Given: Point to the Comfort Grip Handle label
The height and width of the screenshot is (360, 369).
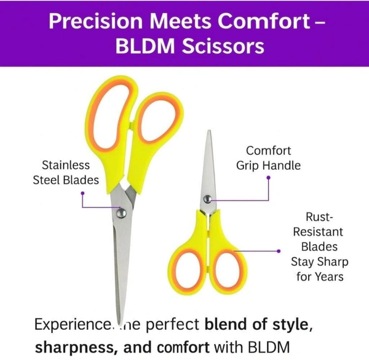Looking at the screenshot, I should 268,158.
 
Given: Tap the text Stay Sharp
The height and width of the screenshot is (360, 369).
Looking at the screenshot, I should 320,262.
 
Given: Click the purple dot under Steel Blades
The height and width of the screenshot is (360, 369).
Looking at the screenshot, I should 82,191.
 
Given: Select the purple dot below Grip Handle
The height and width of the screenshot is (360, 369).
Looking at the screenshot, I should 269,177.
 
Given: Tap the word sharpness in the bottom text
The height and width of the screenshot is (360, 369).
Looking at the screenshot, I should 69,346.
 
